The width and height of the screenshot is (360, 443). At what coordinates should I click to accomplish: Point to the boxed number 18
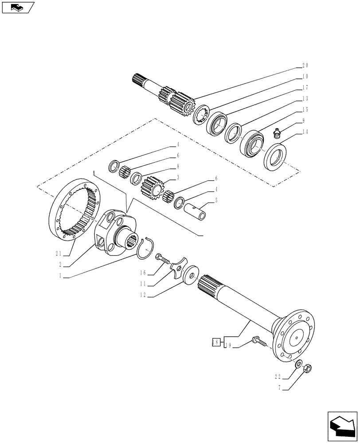[215, 342]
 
